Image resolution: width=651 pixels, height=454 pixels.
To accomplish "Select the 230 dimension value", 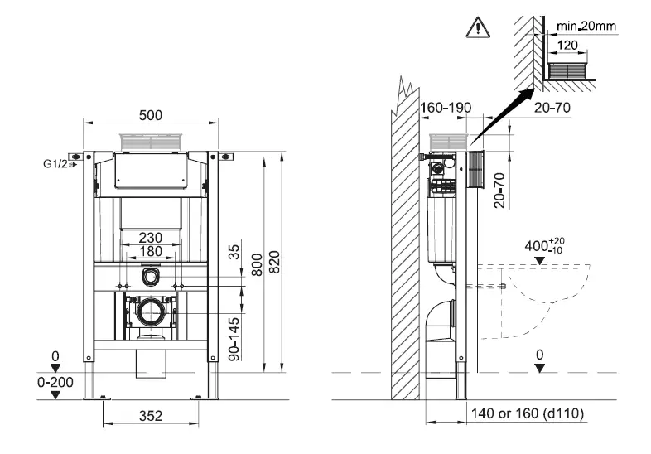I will [150, 235].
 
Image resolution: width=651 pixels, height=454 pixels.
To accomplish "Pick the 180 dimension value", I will [150, 251].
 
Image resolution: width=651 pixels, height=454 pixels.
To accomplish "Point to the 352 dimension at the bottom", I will [150, 414].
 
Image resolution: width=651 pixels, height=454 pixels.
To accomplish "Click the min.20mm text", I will [585, 26].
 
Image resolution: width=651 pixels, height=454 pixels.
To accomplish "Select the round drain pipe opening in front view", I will [151, 312].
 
